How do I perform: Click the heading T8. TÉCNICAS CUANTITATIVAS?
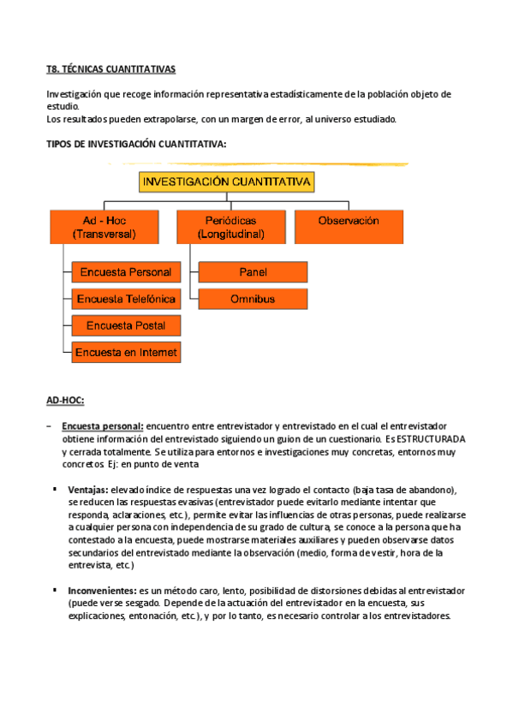click(x=111, y=69)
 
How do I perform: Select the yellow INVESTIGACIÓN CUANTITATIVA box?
click(x=227, y=182)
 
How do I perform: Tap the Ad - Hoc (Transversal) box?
click(x=104, y=227)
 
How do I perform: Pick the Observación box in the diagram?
click(x=348, y=221)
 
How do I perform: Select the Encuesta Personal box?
click(x=125, y=272)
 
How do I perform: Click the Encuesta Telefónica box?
click(x=125, y=299)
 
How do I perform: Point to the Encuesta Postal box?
click(x=125, y=325)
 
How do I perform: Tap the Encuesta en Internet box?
click(x=125, y=352)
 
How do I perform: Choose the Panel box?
click(x=253, y=272)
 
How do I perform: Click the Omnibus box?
click(x=253, y=299)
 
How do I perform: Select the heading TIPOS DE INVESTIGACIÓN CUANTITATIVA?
click(x=136, y=144)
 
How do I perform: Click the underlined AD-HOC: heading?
click(x=65, y=400)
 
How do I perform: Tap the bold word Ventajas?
click(x=88, y=489)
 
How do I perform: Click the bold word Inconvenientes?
click(x=102, y=591)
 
